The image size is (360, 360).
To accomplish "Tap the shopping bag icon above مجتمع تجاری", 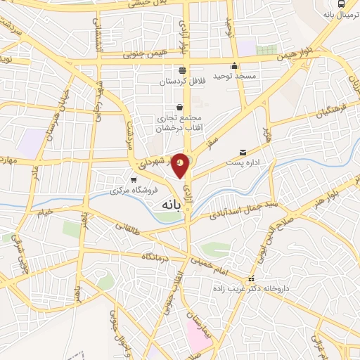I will (x=180, y=108).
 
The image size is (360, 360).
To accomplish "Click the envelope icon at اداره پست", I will (x=243, y=152).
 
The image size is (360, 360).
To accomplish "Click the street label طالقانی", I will (x=129, y=226).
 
